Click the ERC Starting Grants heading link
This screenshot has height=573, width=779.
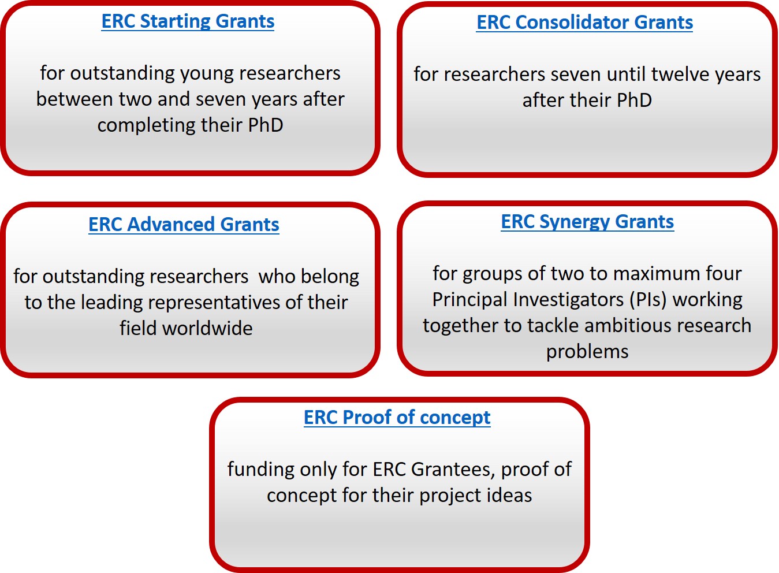click(x=188, y=21)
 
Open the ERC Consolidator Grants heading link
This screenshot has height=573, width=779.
click(x=584, y=23)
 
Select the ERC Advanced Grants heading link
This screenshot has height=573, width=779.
click(x=184, y=224)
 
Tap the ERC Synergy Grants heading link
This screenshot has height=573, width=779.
click(x=587, y=222)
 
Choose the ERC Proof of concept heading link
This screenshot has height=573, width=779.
click(x=397, y=418)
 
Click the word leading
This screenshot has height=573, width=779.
click(x=111, y=303)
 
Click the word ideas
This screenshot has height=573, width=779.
click(x=509, y=496)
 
